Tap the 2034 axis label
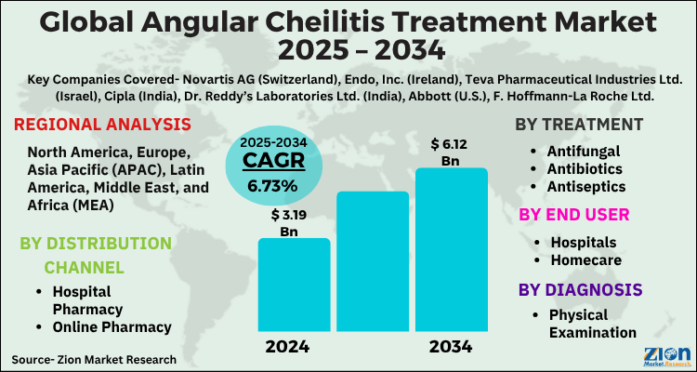coord(451,347)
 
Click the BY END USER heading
coord(573,215)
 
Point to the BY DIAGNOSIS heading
coord(580,289)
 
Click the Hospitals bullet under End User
coord(582,242)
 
